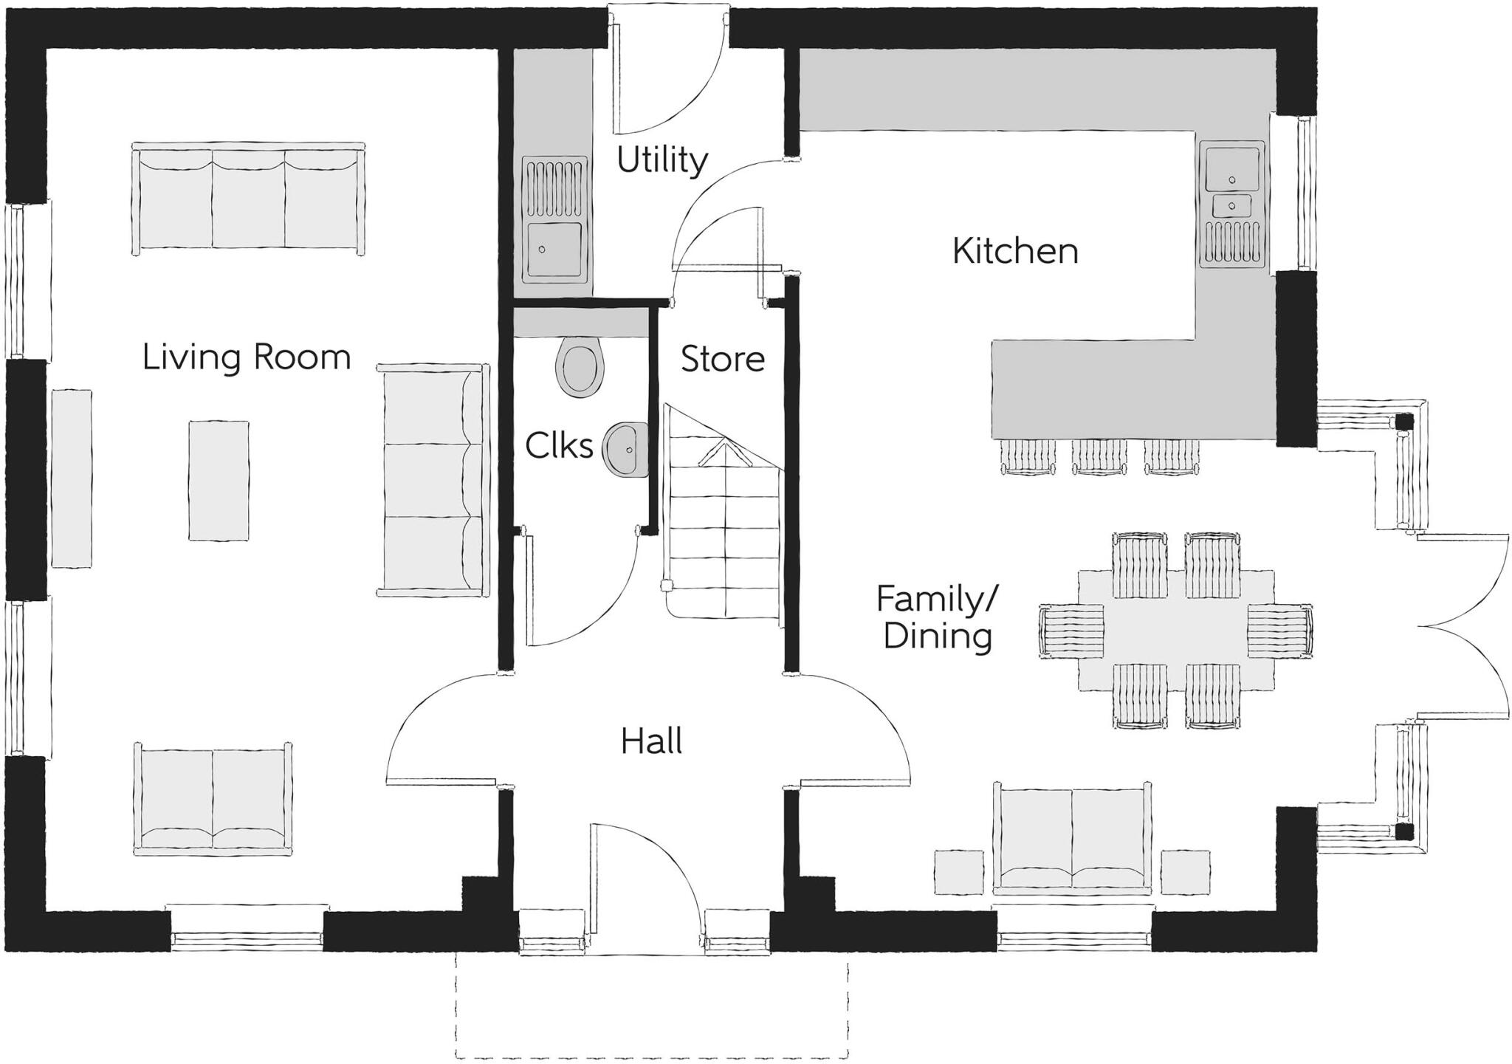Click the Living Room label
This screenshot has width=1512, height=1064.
pyautogui.click(x=246, y=357)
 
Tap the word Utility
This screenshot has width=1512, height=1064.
pyautogui.click(x=661, y=159)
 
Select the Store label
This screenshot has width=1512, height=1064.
pyautogui.click(x=722, y=359)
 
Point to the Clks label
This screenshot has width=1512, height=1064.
pyautogui.click(x=559, y=446)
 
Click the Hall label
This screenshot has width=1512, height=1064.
pyautogui.click(x=650, y=741)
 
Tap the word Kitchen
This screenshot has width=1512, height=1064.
pyautogui.click(x=1015, y=251)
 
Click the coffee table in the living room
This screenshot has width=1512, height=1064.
pyautogui.click(x=218, y=481)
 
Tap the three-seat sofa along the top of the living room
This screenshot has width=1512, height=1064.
pyautogui.click(x=248, y=198)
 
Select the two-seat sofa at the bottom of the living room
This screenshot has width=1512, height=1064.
pyautogui.click(x=213, y=799)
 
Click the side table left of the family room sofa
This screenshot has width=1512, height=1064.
pyautogui.click(x=959, y=872)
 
